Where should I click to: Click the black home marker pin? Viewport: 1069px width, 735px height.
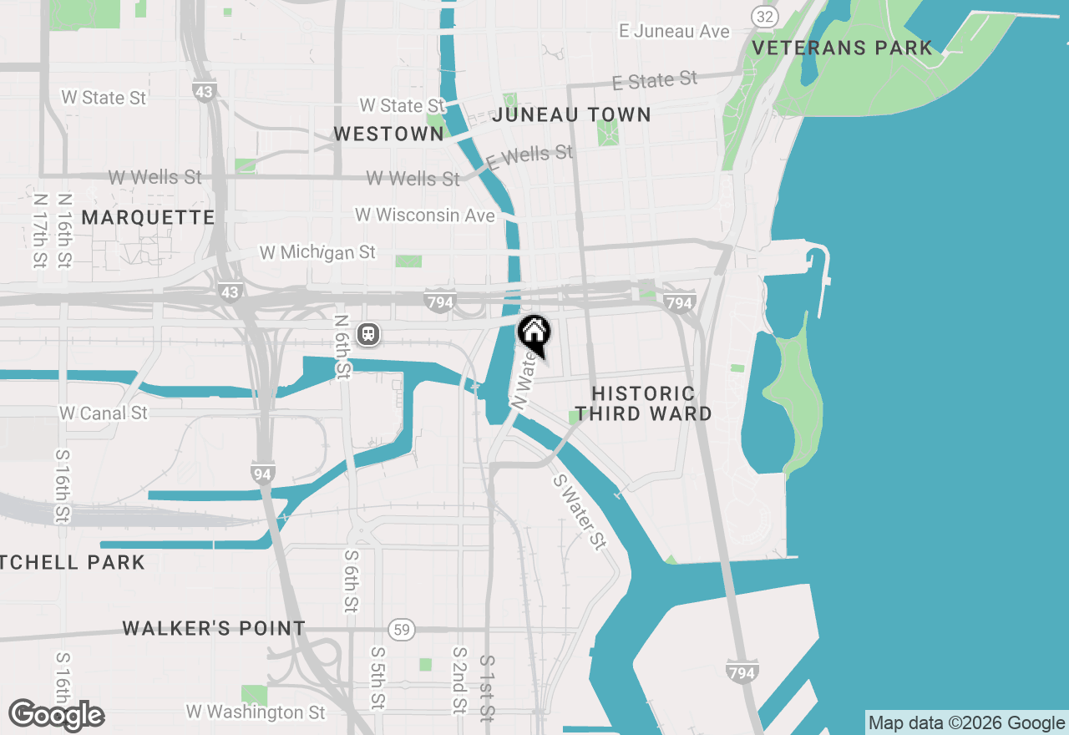coord(534,334)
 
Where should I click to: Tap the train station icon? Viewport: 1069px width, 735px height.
coord(368,335)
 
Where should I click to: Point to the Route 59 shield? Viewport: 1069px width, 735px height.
coord(402,629)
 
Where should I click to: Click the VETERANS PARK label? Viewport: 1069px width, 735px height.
coord(842,48)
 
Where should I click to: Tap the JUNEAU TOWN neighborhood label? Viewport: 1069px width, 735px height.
coord(571,114)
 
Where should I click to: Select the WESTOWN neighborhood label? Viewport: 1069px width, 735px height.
coord(388,134)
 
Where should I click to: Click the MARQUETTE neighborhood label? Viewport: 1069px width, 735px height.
coord(149,217)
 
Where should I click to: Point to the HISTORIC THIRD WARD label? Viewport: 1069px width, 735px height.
coord(643,403)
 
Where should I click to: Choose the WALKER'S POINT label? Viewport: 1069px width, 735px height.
coord(214,628)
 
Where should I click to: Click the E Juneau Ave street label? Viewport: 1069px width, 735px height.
coord(675,32)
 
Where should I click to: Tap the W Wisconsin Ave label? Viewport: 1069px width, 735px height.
coord(425,215)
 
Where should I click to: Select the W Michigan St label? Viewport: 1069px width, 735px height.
coord(317,252)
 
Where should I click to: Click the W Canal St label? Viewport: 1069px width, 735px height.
coord(104,413)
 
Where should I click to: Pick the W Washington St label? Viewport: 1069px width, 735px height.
coord(256,712)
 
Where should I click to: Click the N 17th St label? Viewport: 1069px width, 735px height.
coord(39,231)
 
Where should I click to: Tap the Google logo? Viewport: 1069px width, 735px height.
coord(56,715)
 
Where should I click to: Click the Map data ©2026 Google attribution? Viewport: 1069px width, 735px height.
coord(967,723)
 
